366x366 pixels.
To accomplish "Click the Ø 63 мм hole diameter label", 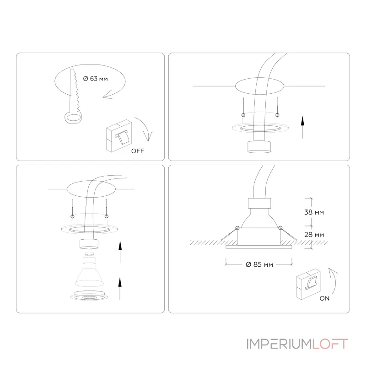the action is pyautogui.click(x=95, y=79).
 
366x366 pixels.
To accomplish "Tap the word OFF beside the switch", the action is pyautogui.click(x=138, y=151).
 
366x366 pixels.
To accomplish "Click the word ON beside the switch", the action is pyautogui.click(x=324, y=298).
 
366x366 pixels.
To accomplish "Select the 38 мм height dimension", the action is pyautogui.click(x=314, y=212).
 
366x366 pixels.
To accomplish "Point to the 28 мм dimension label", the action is pyautogui.click(x=314, y=235).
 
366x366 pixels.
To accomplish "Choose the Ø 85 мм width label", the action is pyautogui.click(x=259, y=264).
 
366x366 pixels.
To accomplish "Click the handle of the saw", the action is pyautogui.click(x=73, y=118).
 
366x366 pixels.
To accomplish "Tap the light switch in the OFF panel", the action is pyautogui.click(x=119, y=136).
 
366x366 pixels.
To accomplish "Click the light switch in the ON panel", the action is pyautogui.click(x=308, y=284).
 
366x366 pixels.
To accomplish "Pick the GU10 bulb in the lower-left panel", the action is pyautogui.click(x=89, y=269).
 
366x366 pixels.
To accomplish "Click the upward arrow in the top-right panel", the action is pyautogui.click(x=302, y=128).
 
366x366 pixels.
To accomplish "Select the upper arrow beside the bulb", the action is pyautogui.click(x=120, y=252).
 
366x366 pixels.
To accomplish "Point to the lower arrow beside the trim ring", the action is pyautogui.click(x=120, y=289).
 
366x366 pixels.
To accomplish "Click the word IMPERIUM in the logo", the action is pyautogui.click(x=279, y=344).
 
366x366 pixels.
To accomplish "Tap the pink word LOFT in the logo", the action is pyautogui.click(x=330, y=344).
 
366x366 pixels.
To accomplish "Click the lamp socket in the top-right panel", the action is pyautogui.click(x=259, y=147).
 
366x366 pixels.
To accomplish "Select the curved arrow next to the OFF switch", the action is pyautogui.click(x=144, y=128).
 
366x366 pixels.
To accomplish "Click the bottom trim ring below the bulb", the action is pyautogui.click(x=89, y=296).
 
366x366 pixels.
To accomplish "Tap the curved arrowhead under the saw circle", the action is pyautogui.click(x=108, y=95).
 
